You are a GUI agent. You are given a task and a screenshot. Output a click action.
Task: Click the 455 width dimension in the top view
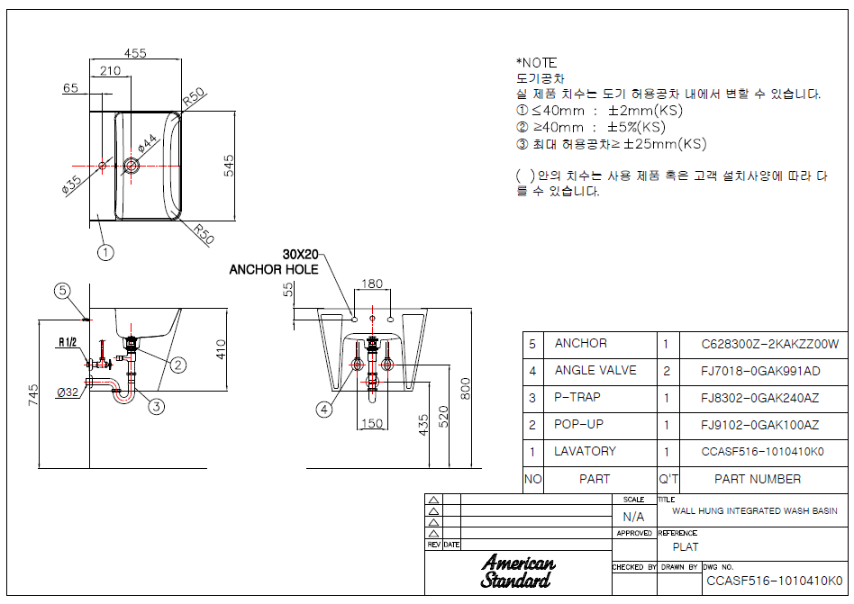pyautogui.click(x=135, y=53)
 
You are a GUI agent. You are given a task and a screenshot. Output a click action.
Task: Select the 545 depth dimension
pyautogui.click(x=229, y=166)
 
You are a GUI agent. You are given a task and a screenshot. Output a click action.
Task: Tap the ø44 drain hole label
pyautogui.click(x=147, y=142)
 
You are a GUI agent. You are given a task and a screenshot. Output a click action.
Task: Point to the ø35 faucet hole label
pyautogui.click(x=71, y=185)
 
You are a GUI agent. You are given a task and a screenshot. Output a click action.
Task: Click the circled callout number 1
pyautogui.click(x=105, y=252)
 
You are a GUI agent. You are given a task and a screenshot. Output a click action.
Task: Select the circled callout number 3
pyautogui.click(x=157, y=406)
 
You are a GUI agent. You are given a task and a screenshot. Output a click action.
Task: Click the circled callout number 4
pyautogui.click(x=324, y=410)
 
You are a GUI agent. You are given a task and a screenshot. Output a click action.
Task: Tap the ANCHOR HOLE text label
pyautogui.click(x=274, y=269)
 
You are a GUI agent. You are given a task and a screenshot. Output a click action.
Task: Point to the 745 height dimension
pyautogui.click(x=33, y=394)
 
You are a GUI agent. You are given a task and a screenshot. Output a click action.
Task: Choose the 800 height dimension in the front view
pyautogui.click(x=465, y=389)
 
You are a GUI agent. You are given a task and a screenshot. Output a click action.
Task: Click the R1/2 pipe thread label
pyautogui.click(x=68, y=342)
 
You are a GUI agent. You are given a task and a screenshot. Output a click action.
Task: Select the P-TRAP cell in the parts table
pyautogui.click(x=577, y=397)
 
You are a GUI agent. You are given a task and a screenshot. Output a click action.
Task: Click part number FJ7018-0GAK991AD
pyautogui.click(x=759, y=371)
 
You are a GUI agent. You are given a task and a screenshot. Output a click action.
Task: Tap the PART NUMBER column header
pyautogui.click(x=758, y=479)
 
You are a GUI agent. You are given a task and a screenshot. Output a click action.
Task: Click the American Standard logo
pyautogui.click(x=517, y=572)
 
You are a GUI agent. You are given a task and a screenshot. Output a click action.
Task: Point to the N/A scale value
pyautogui.click(x=633, y=517)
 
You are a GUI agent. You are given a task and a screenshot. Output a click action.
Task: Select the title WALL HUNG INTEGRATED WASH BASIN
pyautogui.click(x=754, y=511)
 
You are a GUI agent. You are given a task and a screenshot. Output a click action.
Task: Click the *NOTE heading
pyautogui.click(x=537, y=63)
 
